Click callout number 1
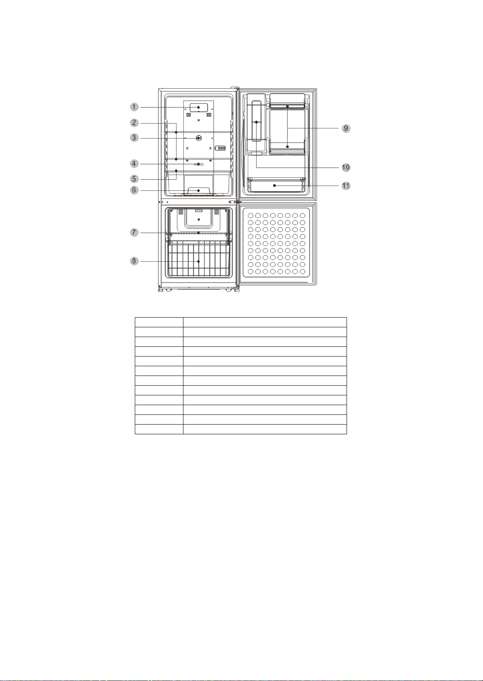click(134, 107)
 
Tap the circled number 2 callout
click(134, 123)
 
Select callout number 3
click(134, 138)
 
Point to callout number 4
click(134, 164)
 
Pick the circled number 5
click(134, 179)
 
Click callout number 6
click(134, 190)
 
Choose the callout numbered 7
click(134, 233)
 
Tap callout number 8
click(134, 261)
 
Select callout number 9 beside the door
click(346, 128)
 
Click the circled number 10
click(346, 167)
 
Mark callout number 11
click(346, 186)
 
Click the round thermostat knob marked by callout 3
click(198, 138)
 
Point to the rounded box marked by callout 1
click(199, 107)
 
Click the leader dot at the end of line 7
click(198, 233)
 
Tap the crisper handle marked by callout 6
click(199, 191)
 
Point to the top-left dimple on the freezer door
click(250, 216)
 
